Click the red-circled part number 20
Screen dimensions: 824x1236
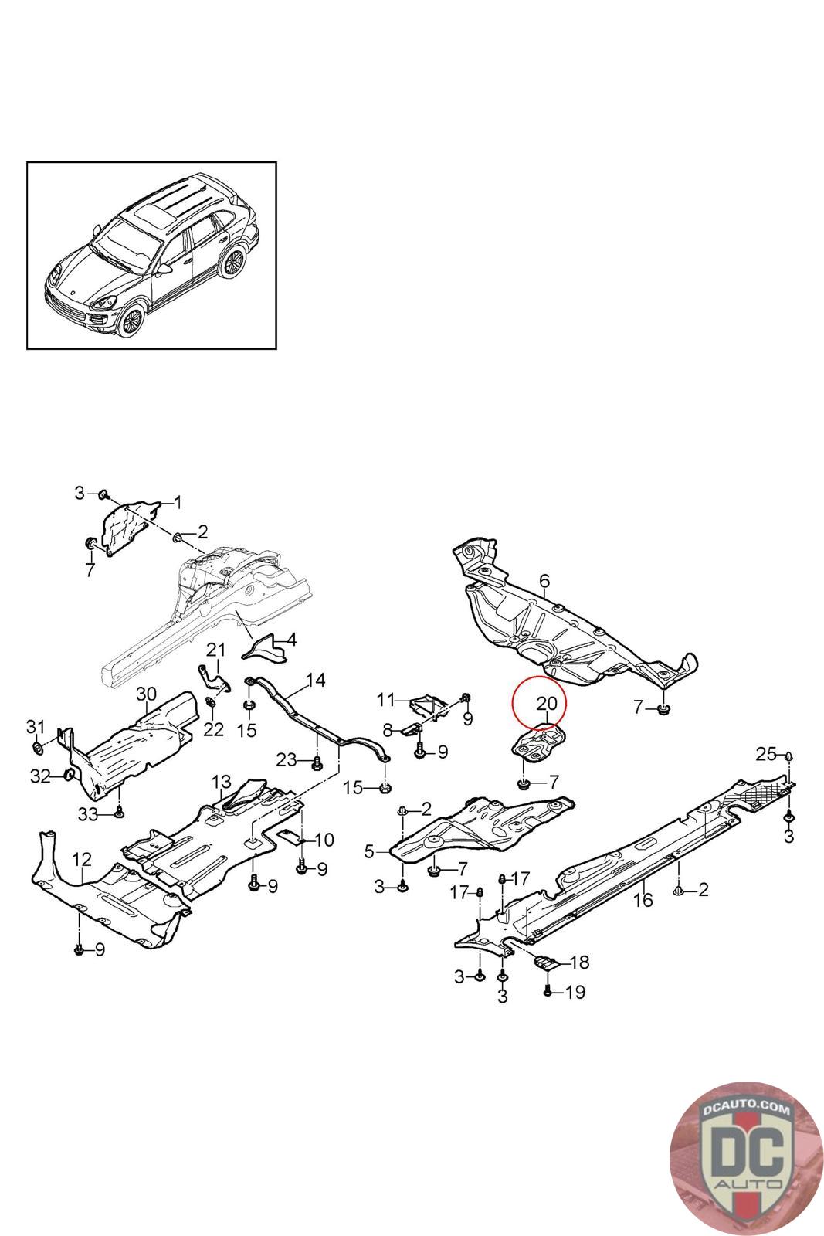(x=546, y=704)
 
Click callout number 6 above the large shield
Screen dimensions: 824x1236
(x=544, y=580)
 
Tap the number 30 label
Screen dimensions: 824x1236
(x=146, y=694)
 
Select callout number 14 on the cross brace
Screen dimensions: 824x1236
(x=315, y=680)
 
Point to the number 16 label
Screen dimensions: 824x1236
(x=643, y=900)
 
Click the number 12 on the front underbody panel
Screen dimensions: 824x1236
(x=82, y=859)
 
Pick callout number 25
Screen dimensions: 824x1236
(x=765, y=754)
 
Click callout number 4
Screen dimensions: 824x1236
(x=291, y=640)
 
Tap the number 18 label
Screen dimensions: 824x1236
(x=579, y=963)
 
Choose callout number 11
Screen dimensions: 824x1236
(x=385, y=700)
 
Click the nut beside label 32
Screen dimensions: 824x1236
(x=70, y=774)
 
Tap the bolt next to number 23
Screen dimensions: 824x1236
(x=317, y=764)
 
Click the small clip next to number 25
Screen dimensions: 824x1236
(x=789, y=756)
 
